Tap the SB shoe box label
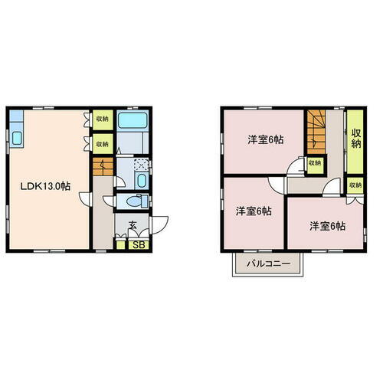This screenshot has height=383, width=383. point(139,245)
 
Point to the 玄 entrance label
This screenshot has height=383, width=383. point(133,225)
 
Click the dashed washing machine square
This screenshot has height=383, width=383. point(139,163)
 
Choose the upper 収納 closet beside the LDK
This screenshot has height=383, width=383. point(103,120)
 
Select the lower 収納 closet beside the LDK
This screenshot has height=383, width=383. point(103,143)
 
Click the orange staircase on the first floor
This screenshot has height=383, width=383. point(100,165)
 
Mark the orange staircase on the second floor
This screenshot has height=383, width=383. point(316,130)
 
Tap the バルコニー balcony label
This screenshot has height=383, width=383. point(267,264)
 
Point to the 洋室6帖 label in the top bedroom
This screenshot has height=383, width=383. point(264,141)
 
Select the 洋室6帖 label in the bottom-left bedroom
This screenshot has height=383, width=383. point(253,211)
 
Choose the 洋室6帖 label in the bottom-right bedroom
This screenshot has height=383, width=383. point(326,226)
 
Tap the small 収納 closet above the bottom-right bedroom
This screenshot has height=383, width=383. point(355,185)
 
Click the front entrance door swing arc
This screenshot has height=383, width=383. point(161,224)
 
